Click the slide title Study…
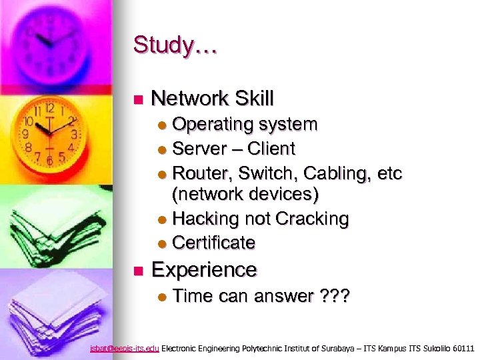pyautogui.click(x=175, y=45)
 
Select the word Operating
pyautogui.click(x=213, y=125)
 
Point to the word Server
pyautogui.click(x=198, y=148)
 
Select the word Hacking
pyautogui.click(x=205, y=219)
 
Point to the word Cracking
pyautogui.click(x=312, y=219)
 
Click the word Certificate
pyautogui.click(x=213, y=243)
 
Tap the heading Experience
pyautogui.click(x=204, y=269)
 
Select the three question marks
pyautogui.click(x=333, y=296)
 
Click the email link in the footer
pyautogui.click(x=125, y=348)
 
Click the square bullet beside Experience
pyautogui.click(x=137, y=271)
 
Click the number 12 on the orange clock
pyautogui.click(x=49, y=107)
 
